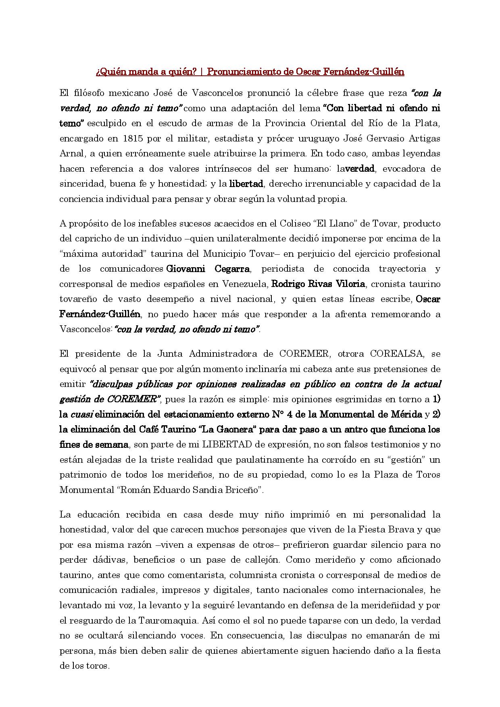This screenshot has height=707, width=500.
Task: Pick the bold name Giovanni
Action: [x=185, y=269]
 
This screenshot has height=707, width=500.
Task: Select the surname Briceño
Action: [x=243, y=490]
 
